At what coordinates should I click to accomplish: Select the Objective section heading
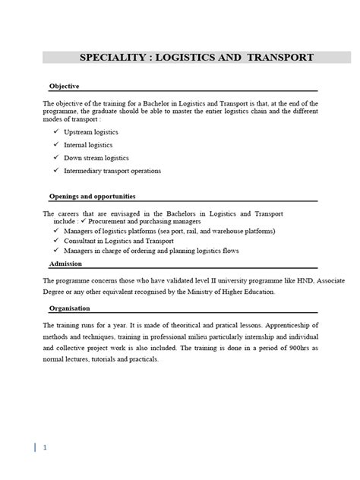(x=64, y=86)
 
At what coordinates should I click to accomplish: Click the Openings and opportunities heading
(x=92, y=196)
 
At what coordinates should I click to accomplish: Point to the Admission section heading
(x=65, y=264)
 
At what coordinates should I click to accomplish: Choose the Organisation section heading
(x=69, y=308)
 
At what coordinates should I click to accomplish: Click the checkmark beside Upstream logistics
(x=56, y=131)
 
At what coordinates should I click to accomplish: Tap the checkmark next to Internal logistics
(x=56, y=144)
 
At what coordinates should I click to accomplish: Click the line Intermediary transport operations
(x=112, y=171)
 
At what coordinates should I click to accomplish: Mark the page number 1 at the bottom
(x=45, y=447)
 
